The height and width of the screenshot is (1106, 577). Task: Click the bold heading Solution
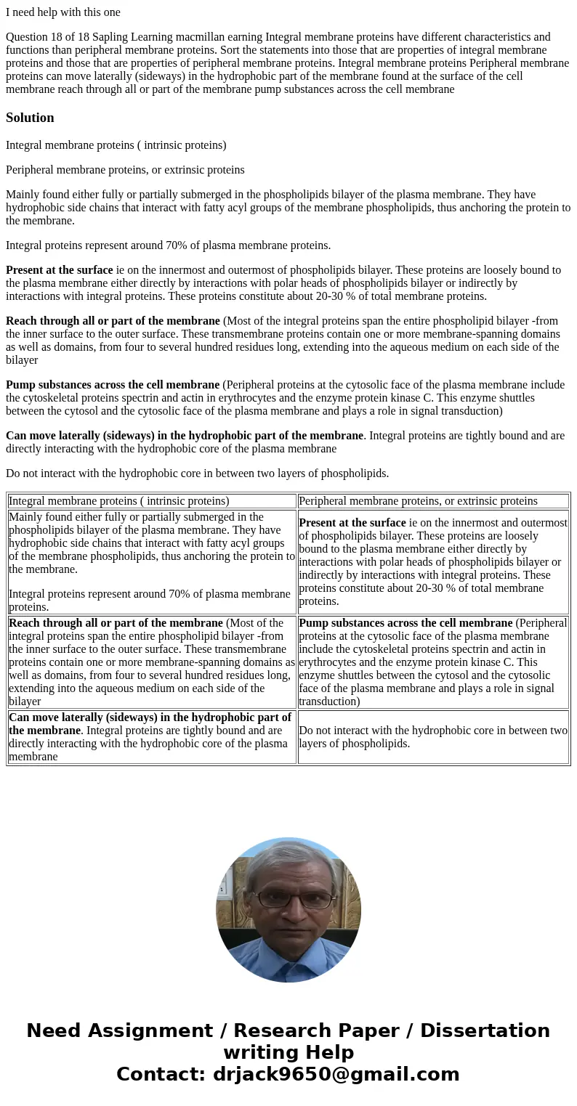(30, 118)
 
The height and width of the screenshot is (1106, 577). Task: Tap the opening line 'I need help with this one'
(63, 12)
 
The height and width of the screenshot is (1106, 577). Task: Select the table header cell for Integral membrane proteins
(152, 501)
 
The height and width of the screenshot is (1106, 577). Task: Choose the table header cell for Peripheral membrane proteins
(433, 501)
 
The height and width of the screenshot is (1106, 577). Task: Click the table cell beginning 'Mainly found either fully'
(152, 562)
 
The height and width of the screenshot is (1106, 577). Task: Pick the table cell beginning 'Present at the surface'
(433, 562)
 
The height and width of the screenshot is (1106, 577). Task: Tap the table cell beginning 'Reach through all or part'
(152, 662)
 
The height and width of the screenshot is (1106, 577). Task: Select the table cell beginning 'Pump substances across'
(433, 662)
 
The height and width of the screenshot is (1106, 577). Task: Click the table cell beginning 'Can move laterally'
(152, 737)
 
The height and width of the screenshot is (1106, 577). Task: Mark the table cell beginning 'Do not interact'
(433, 737)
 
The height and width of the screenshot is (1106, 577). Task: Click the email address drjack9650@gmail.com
(336, 1075)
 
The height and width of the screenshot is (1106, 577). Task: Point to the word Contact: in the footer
(161, 1075)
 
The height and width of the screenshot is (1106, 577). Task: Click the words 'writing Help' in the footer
(288, 1053)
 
